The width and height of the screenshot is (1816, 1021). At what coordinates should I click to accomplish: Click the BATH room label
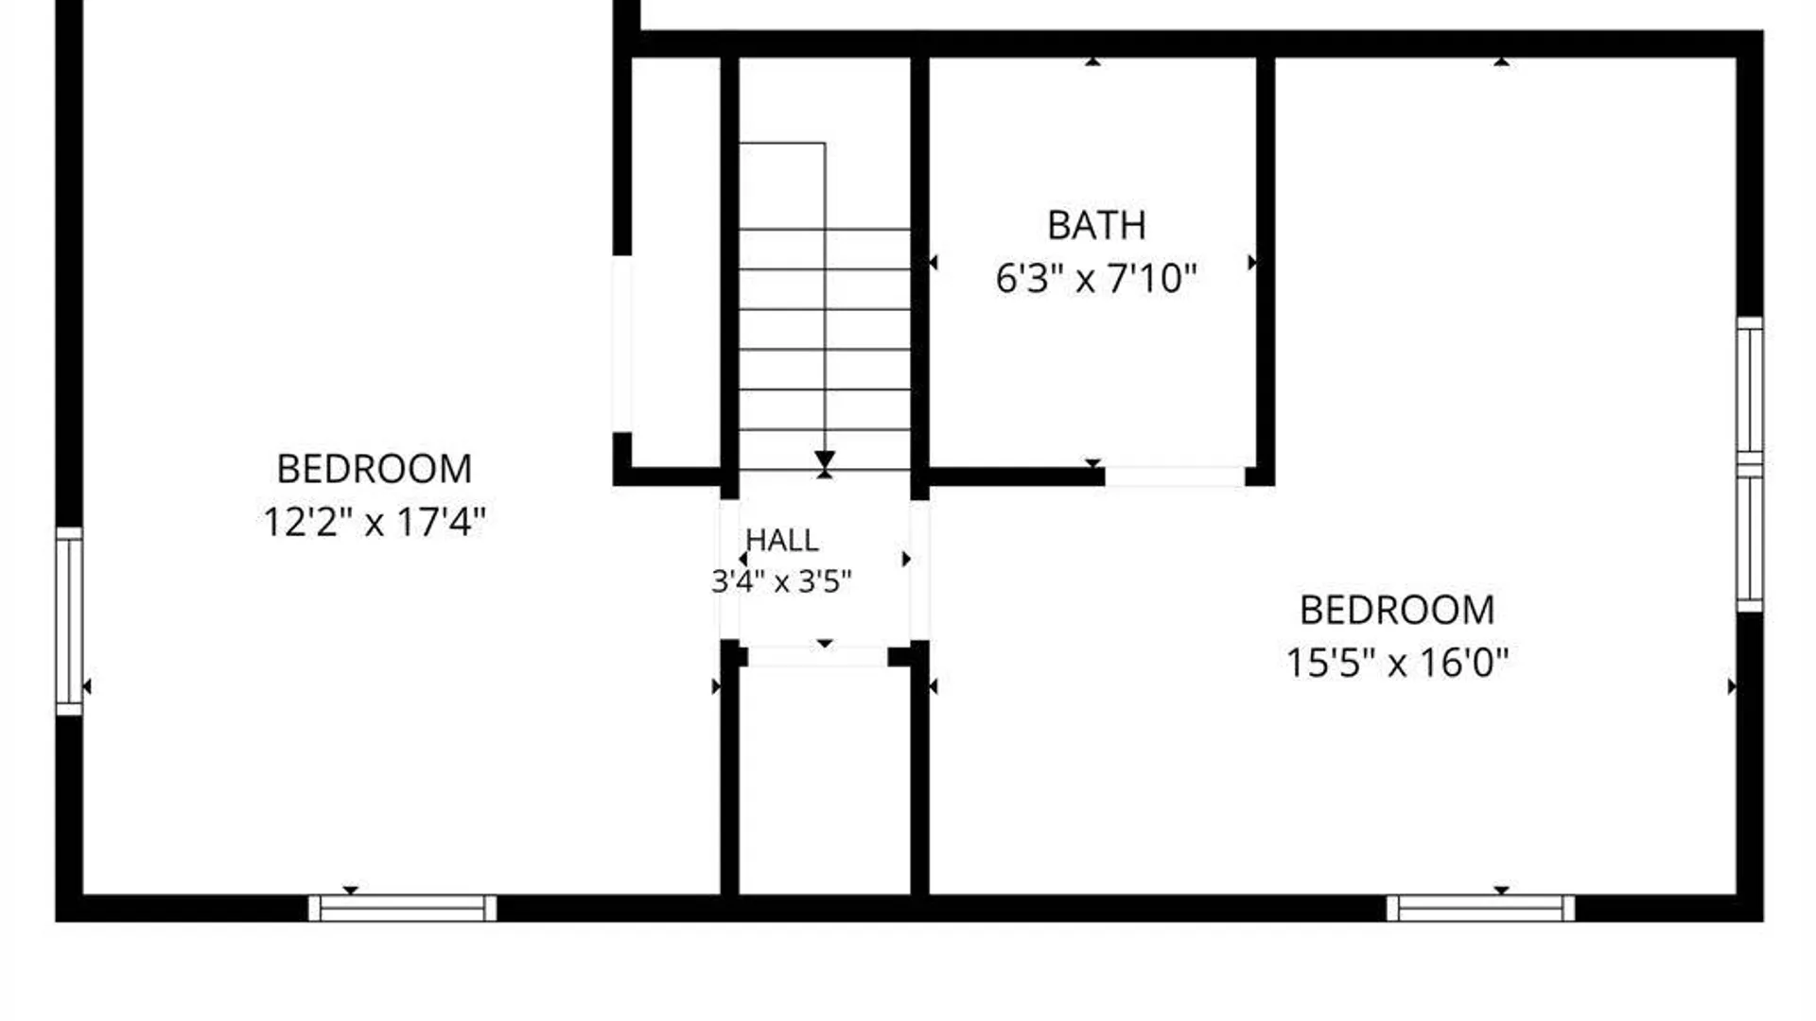pos(1096,226)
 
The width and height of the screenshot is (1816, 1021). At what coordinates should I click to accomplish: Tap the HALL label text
pos(781,540)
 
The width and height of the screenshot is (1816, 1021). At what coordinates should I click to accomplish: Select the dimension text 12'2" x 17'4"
pos(375,522)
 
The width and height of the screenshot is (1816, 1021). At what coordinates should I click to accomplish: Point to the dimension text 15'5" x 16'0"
pos(1397,663)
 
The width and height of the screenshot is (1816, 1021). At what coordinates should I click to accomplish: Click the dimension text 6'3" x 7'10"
pos(1096,279)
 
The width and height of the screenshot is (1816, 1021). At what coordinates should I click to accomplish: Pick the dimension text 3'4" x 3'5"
pos(781,580)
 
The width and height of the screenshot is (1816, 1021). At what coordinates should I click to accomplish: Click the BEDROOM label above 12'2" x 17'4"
pos(375,469)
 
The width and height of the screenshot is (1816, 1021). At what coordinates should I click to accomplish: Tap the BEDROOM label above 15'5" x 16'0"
pos(1397,610)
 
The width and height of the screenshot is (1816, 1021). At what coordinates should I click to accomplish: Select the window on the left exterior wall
pos(69,621)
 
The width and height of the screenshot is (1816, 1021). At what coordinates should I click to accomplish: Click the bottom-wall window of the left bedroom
pos(402,909)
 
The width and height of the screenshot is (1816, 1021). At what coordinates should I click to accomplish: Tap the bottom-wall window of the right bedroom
pos(1480,909)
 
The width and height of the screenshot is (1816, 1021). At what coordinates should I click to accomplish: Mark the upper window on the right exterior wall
pos(1750,390)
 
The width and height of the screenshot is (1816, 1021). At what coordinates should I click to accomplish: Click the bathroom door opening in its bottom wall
pos(1175,476)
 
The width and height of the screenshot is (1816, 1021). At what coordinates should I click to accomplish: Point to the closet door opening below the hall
pos(818,656)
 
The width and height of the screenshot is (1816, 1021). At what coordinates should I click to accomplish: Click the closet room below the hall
pos(825,780)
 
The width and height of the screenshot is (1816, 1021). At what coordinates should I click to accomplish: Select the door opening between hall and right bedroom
pos(919,570)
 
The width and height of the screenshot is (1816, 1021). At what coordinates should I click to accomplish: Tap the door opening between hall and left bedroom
pos(729,570)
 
